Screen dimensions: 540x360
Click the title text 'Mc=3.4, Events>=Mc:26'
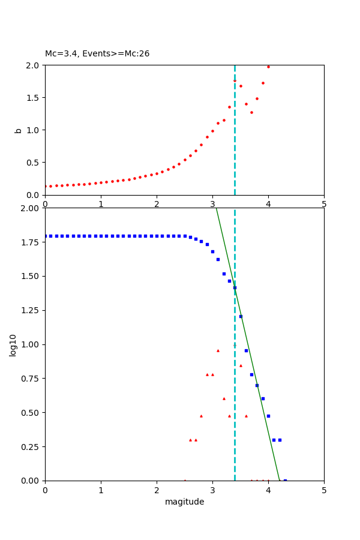pyautogui.click(x=97, y=54)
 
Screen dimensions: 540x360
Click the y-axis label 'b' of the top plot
pyautogui.click(x=18, y=130)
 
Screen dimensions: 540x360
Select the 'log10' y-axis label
pyautogui.click(x=13, y=344)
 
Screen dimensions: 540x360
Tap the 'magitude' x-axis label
pyautogui.click(x=184, y=502)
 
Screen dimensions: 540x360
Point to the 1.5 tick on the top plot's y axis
pyautogui.click(x=32, y=98)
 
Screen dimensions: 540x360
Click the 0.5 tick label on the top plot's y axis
pyautogui.click(x=32, y=163)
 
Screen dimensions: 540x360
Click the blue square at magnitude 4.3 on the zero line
pyautogui.click(x=285, y=481)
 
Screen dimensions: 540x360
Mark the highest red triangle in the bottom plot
pyautogui.click(x=218, y=350)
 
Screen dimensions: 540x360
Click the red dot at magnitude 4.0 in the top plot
pyautogui.click(x=268, y=67)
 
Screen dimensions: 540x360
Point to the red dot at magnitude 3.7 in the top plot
pyautogui.click(x=251, y=112)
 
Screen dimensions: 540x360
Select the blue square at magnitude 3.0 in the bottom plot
pyautogui.click(x=212, y=251)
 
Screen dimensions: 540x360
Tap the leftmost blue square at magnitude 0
pyautogui.click(x=46, y=236)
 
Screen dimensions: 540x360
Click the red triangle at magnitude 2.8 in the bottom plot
pyautogui.click(x=201, y=416)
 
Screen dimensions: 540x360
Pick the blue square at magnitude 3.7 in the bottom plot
pyautogui.click(x=251, y=374)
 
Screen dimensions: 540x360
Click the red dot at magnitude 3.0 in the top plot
pyautogui.click(x=212, y=131)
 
